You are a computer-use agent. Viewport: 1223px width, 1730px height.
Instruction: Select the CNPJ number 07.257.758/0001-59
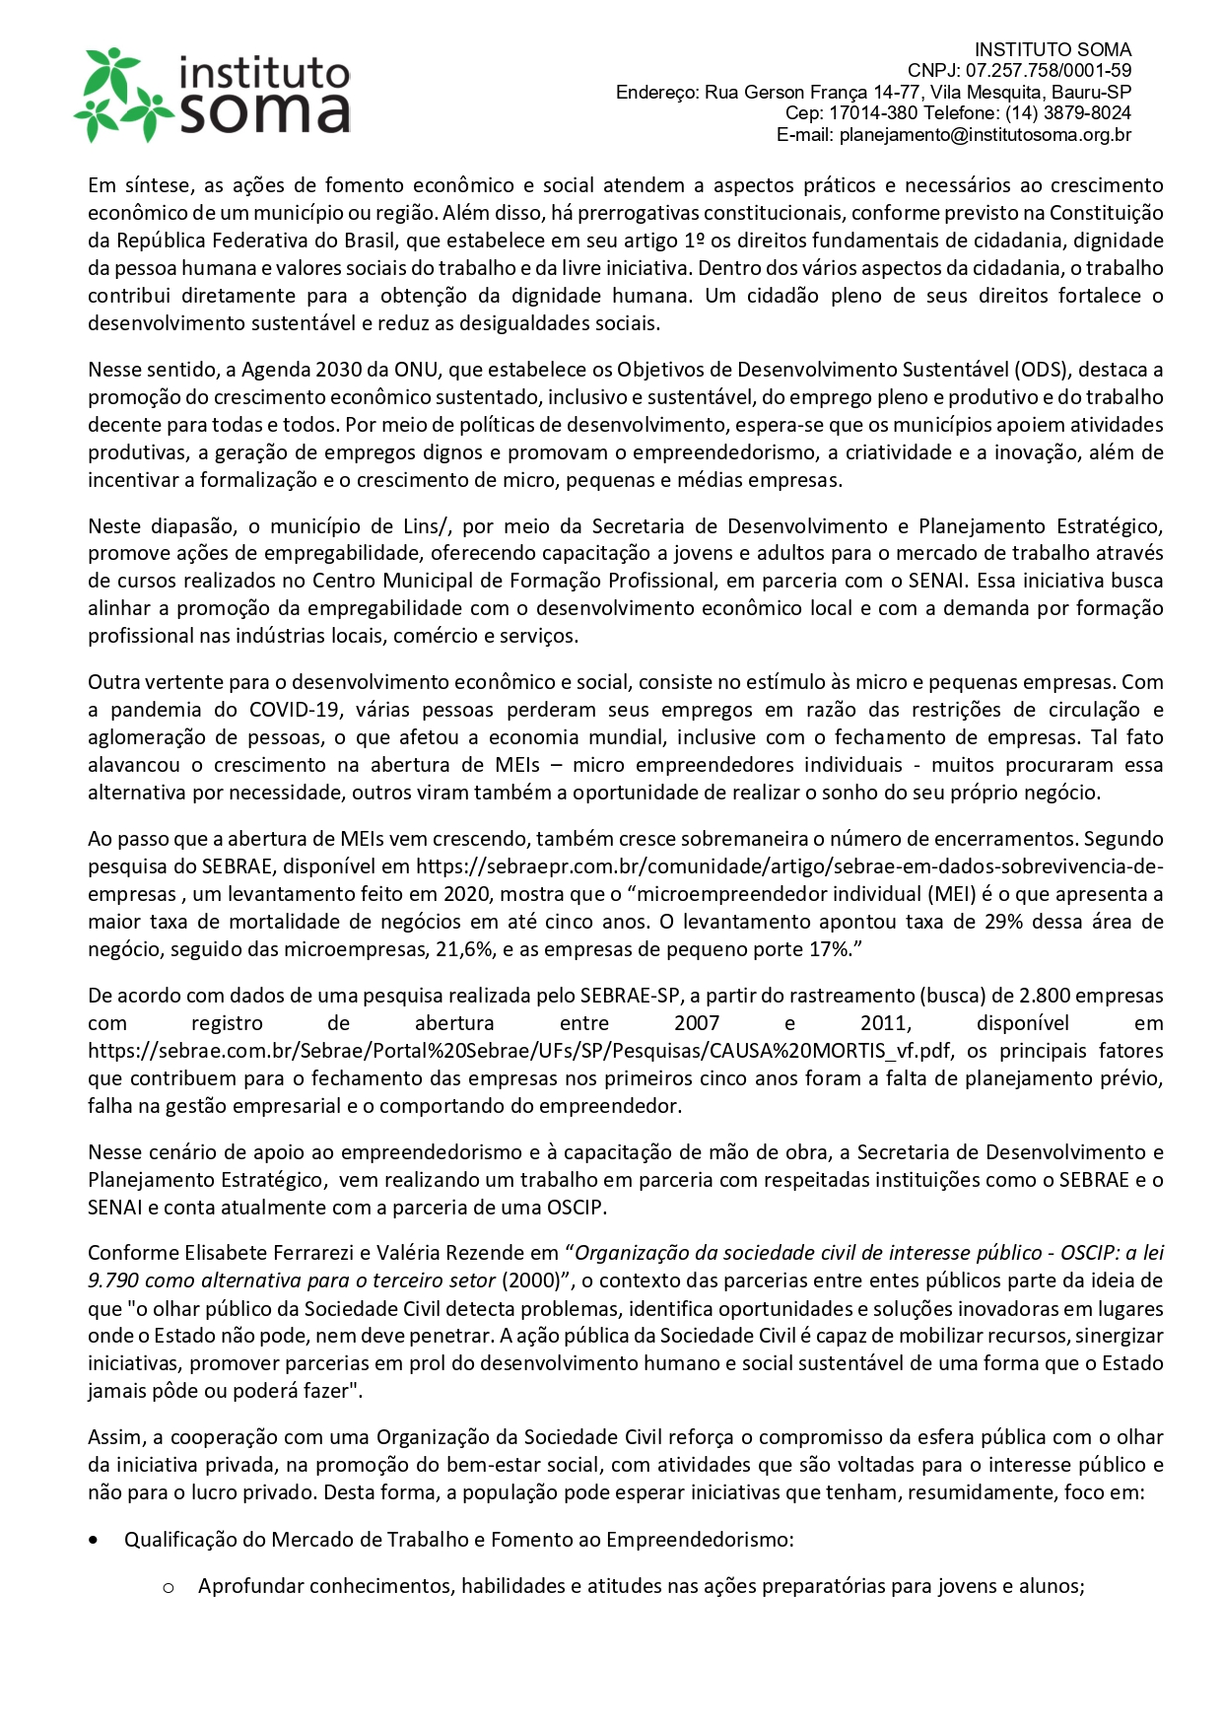1049,71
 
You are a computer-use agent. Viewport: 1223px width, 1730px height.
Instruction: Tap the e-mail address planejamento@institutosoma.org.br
985,135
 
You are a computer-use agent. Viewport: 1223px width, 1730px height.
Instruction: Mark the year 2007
696,1023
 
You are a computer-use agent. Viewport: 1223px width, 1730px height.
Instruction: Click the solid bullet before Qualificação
94,1540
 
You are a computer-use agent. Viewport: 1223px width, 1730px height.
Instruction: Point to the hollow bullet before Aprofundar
169,1587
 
